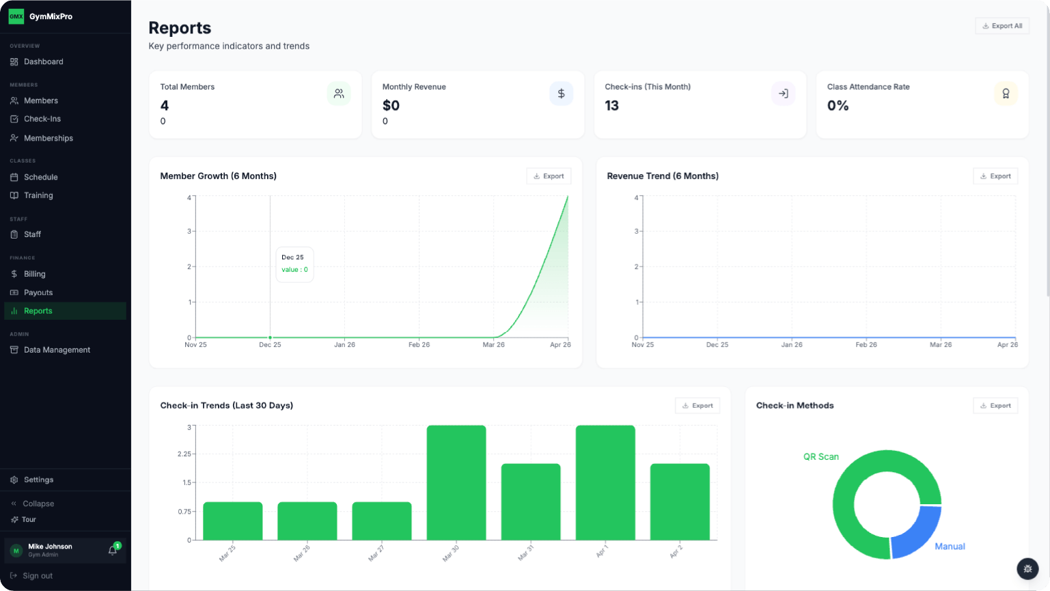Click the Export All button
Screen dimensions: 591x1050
click(1001, 26)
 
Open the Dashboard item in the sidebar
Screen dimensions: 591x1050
click(43, 61)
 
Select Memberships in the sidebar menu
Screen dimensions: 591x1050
click(48, 138)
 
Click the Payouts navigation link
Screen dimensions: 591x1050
click(38, 292)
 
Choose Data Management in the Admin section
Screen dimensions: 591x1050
click(57, 350)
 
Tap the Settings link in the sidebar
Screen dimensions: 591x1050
click(38, 480)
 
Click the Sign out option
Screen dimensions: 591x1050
click(37, 576)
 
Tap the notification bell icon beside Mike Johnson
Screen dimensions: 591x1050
click(113, 550)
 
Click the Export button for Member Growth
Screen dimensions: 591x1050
click(549, 176)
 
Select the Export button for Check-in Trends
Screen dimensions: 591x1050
click(697, 406)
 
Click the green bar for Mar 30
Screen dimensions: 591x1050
click(456, 482)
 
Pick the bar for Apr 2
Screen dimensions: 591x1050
click(680, 501)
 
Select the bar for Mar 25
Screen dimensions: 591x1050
click(233, 521)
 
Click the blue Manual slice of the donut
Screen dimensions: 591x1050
click(915, 533)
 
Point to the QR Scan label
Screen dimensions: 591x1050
click(820, 456)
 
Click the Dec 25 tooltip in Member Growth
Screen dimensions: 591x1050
click(294, 264)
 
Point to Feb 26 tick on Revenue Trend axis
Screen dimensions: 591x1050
click(866, 345)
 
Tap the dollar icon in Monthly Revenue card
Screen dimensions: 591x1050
click(561, 94)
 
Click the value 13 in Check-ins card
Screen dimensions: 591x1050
click(612, 106)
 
